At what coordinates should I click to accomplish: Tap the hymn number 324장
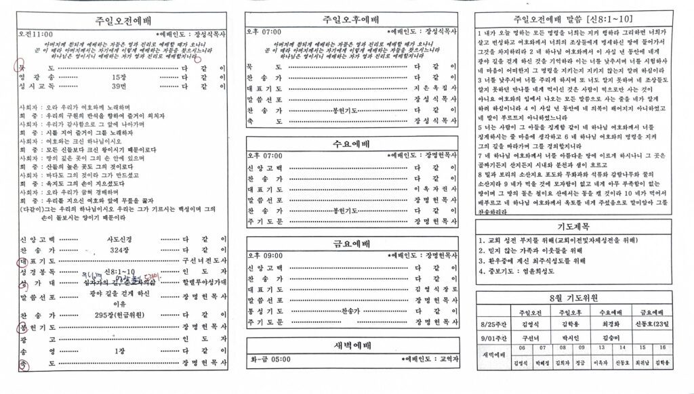tap(119, 250)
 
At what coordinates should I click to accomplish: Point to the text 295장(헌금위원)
tap(119, 315)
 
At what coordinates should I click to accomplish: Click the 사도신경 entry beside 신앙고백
tap(119, 239)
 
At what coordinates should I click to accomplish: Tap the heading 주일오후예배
tap(351, 20)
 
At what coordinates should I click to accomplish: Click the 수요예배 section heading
tap(351, 144)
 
